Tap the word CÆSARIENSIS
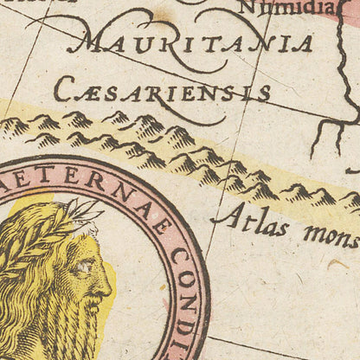click(162, 90)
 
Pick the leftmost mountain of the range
click(12, 127)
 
